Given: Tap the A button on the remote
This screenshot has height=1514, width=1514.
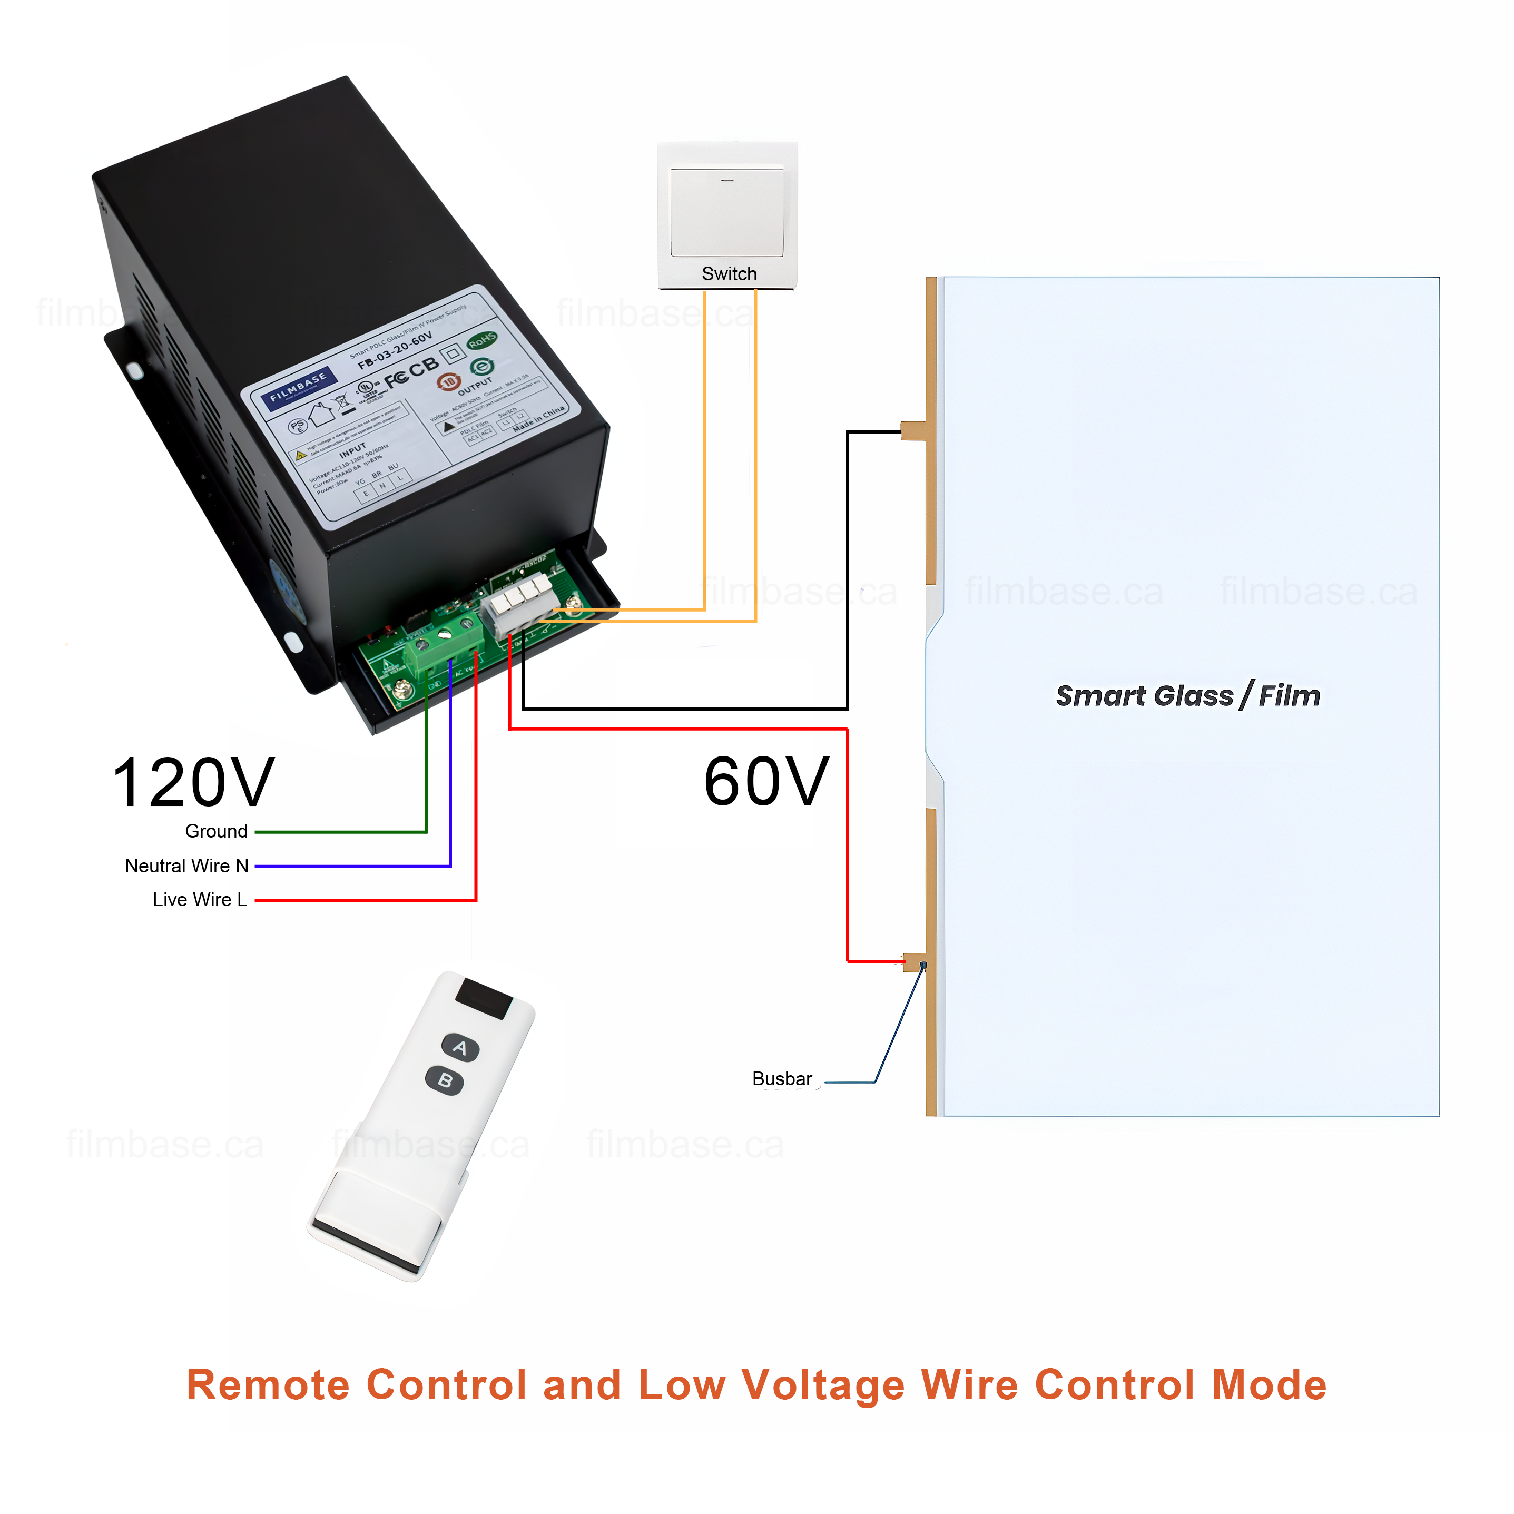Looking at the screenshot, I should tap(460, 1048).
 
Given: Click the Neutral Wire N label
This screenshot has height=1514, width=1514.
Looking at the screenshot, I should tap(186, 866).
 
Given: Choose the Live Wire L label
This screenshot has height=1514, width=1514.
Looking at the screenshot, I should tap(200, 900).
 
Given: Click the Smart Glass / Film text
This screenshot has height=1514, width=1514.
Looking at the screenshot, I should tap(1187, 696).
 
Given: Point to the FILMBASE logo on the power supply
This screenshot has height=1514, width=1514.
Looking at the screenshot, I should tap(298, 386).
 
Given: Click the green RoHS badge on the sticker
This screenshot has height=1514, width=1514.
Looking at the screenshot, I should tap(482, 340).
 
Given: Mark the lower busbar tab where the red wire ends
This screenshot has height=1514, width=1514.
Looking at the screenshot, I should tap(915, 961).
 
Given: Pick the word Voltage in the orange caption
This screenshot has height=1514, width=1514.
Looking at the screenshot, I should tap(823, 1385).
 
